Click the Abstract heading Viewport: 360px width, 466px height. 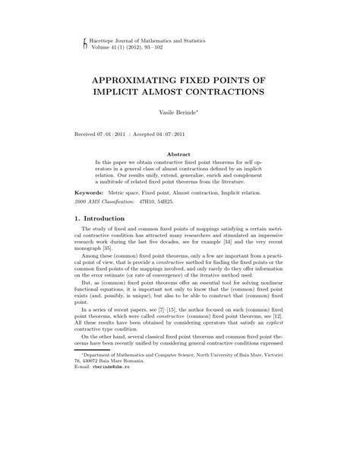(x=179, y=154)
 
